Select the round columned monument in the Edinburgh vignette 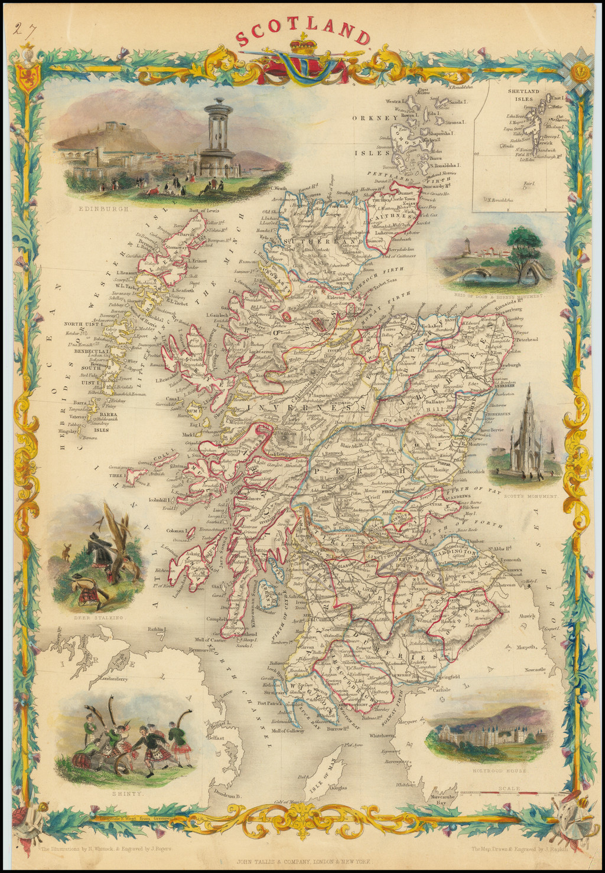(x=218, y=138)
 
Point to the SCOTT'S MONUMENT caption (x=530, y=496)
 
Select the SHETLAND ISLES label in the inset (x=523, y=95)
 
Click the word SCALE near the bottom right (x=509, y=789)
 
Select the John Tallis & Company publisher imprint (x=303, y=861)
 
